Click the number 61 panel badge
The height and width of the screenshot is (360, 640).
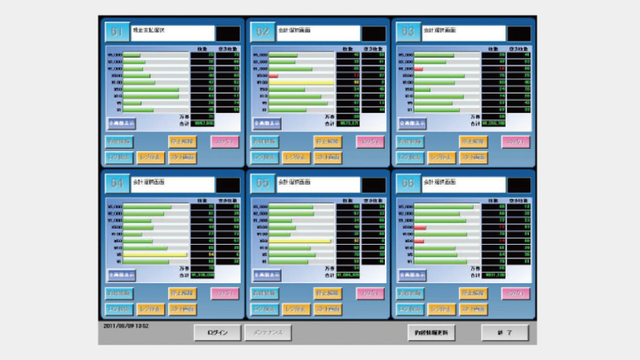pos(117,32)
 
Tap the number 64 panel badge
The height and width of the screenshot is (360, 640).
pos(117,182)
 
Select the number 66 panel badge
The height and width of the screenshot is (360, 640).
pos(408,182)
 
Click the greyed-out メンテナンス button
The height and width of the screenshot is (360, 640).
pos(267,332)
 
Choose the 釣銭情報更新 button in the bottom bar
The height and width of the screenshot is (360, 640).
pos(431,332)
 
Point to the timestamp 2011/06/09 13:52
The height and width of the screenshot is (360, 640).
pos(126,326)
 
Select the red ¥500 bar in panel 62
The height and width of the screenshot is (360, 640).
pos(273,76)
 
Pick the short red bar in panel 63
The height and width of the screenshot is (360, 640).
pos(418,70)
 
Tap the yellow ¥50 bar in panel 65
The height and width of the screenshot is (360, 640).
pos(299,240)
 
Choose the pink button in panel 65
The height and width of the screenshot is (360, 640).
pos(370,293)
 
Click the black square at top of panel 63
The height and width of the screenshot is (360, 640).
pos(519,34)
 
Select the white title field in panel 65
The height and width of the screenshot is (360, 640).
pos(318,183)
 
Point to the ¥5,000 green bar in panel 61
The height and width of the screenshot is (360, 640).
pos(131,56)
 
